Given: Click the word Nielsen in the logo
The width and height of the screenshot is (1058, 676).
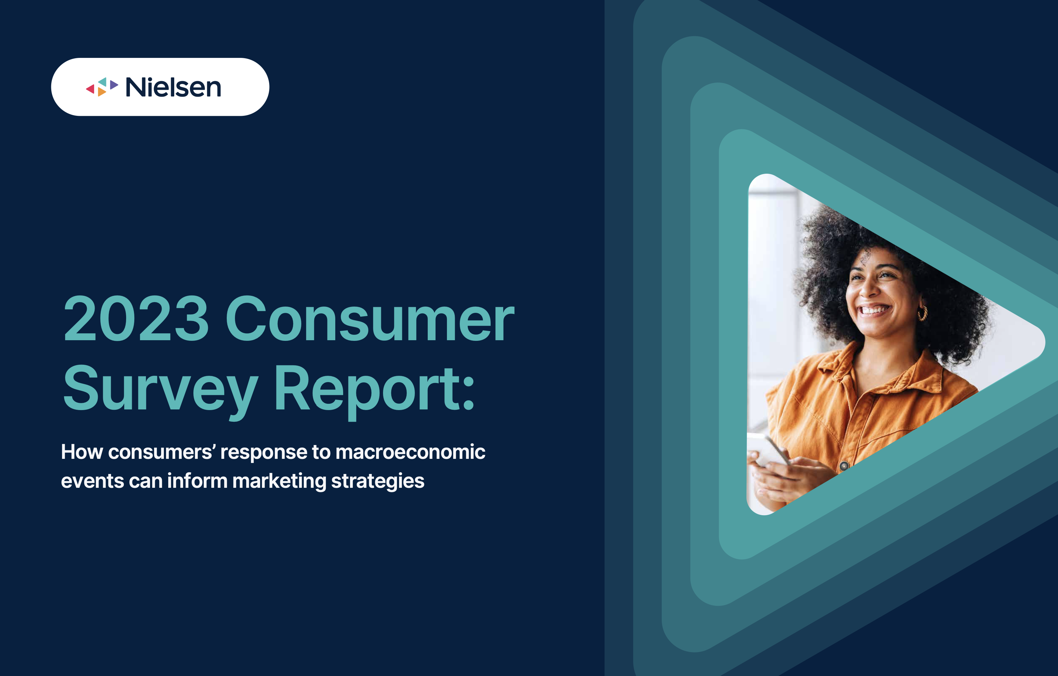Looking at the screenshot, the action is pos(173,87).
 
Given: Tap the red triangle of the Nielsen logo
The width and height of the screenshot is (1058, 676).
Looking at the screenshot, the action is pos(91,89).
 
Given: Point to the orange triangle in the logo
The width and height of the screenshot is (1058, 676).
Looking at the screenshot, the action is pos(102,92).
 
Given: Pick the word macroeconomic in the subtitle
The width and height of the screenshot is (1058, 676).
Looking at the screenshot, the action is pos(410,452).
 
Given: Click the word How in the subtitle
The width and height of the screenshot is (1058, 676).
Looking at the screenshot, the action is pos(82,452).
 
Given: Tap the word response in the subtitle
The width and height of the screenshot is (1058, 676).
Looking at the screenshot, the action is pos(264,453).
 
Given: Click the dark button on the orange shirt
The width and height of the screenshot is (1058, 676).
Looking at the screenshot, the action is pos(844,466).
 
